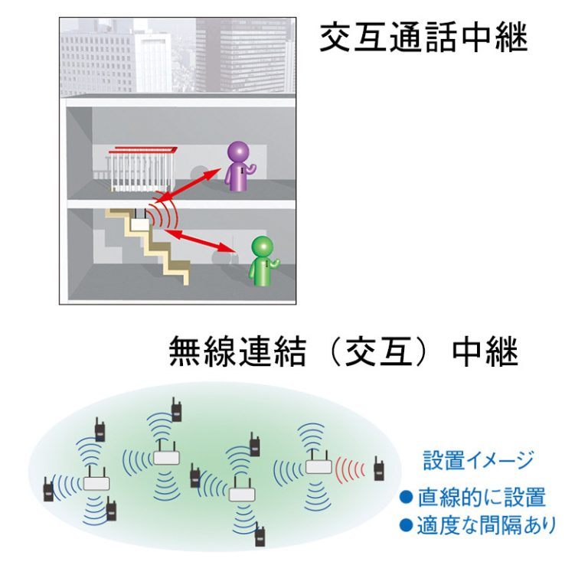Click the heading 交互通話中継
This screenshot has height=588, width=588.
tap(423, 37)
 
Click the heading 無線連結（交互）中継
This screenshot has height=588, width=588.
tap(344, 351)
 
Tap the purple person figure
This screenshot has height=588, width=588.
tap(239, 166)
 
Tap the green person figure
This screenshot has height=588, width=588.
tap(263, 261)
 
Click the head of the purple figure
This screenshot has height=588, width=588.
tap(239, 152)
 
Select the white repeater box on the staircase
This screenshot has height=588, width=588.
tap(140, 224)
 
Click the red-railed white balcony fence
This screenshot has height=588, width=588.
tap(142, 169)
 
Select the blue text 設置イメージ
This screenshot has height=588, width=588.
tap(478, 460)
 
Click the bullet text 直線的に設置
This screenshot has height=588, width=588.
tap(482, 497)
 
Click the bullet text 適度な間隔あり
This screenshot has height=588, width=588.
tap(486, 525)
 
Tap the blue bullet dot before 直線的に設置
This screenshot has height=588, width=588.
tap(406, 497)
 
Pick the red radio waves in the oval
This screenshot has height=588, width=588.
tap(349, 469)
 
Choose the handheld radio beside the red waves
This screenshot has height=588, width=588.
tap(379, 469)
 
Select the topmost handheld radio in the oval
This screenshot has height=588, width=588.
tap(176, 410)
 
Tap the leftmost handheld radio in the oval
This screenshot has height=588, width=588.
tap(48, 489)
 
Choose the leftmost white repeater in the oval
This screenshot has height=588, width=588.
tap(96, 481)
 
